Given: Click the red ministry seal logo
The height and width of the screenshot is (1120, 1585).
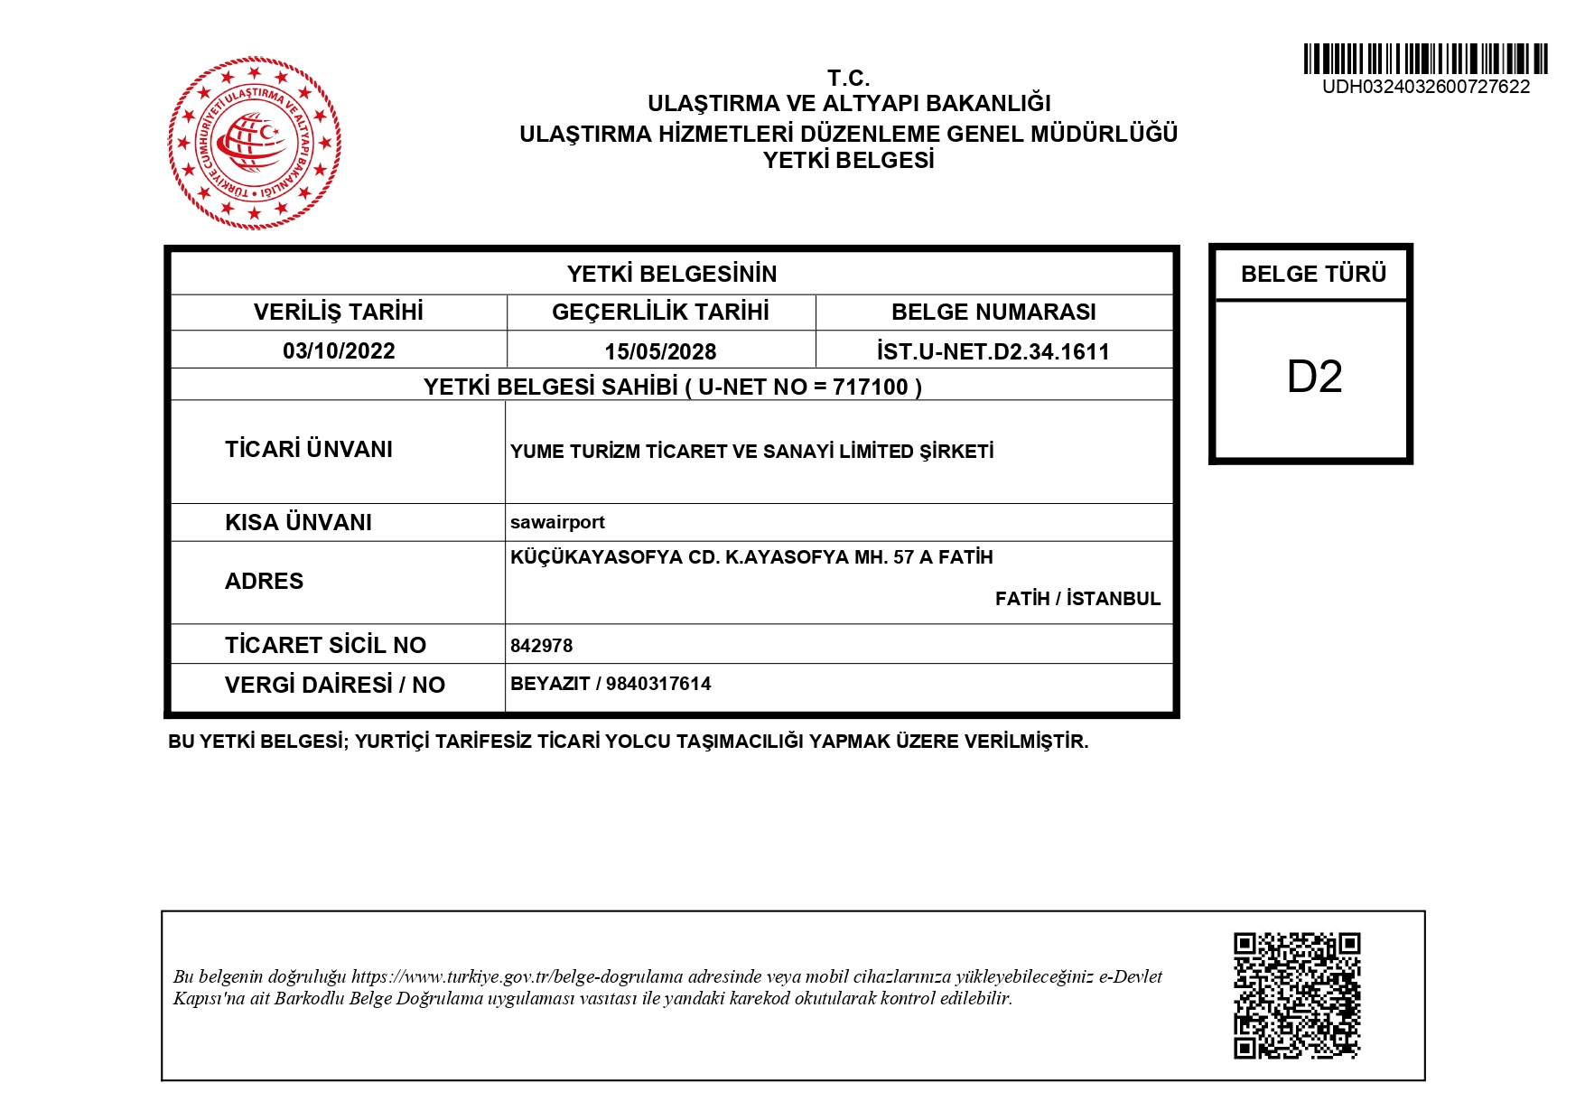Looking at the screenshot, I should [x=254, y=143].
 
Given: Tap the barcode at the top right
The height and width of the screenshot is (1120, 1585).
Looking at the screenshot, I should [x=1425, y=59].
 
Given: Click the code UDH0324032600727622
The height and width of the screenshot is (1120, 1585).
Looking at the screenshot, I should [x=1426, y=87].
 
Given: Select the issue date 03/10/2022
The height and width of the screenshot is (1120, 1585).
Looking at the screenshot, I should [x=339, y=350].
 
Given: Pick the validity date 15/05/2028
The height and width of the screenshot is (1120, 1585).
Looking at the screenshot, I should [x=660, y=351].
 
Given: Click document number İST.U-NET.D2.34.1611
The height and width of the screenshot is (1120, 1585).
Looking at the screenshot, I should [x=993, y=351].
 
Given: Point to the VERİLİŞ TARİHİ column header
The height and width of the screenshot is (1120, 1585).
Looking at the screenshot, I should [x=338, y=312].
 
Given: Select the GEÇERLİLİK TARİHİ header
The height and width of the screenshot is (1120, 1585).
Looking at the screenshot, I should [x=660, y=312].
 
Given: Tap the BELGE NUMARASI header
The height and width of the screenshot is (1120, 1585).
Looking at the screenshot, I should [x=993, y=312].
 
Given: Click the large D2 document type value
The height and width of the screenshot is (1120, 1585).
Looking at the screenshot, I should [x=1314, y=377].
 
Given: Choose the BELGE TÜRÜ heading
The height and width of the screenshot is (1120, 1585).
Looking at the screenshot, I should [x=1313, y=274].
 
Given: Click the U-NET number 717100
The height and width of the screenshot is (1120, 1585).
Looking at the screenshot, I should [x=870, y=387].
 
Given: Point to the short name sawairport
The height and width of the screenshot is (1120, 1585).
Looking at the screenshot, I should [x=557, y=522].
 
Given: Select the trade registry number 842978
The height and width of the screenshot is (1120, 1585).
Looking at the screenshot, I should [x=541, y=646].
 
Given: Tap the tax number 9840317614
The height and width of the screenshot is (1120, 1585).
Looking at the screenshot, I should [x=658, y=684].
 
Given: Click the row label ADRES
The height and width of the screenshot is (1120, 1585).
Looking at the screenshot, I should [x=264, y=581].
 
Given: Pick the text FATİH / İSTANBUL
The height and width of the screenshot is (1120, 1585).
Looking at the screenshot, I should [x=1077, y=599].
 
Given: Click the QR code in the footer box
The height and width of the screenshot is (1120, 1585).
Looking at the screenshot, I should [x=1297, y=995].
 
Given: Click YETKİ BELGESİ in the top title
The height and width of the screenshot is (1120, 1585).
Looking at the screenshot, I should [x=848, y=161].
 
